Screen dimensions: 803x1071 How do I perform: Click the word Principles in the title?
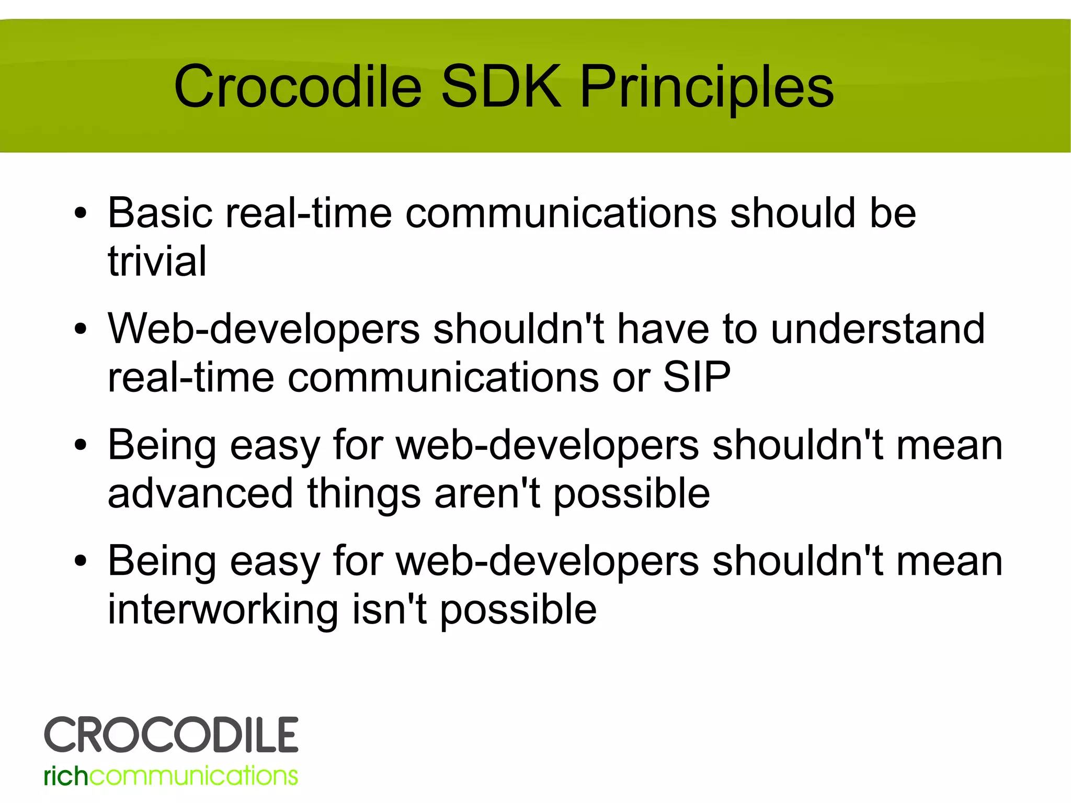[x=707, y=87]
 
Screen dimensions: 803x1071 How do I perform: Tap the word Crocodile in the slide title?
[x=298, y=87]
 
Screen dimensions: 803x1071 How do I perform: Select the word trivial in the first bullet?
[x=157, y=261]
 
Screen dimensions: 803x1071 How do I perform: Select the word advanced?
[x=200, y=493]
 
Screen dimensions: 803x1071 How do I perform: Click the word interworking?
[x=223, y=609]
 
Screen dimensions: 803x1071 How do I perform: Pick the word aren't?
[x=487, y=493]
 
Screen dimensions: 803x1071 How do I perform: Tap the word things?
[x=363, y=493]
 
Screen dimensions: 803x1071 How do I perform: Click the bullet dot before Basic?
[x=80, y=214]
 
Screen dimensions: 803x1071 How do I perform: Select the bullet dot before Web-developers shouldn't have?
[x=80, y=330]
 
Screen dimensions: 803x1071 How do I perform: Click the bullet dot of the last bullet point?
[x=80, y=562]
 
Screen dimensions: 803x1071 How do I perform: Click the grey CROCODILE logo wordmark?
[x=171, y=735]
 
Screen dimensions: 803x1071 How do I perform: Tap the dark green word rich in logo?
[x=66, y=776]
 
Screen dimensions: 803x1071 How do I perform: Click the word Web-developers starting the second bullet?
[x=264, y=329]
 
